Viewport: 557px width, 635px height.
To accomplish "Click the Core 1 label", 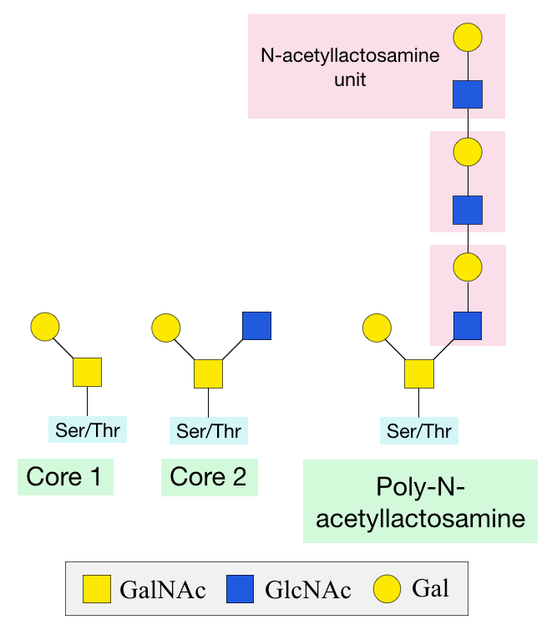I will [65, 477].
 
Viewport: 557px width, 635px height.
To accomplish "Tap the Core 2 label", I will [209, 477].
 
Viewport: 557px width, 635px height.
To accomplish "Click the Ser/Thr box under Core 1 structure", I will [87, 429].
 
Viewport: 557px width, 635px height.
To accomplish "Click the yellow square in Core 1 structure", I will [87, 373].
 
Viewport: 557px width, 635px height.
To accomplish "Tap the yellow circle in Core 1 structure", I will [44, 327].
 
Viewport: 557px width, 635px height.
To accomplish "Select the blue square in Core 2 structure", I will [256, 325].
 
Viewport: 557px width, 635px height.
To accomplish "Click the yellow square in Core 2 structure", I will [209, 373].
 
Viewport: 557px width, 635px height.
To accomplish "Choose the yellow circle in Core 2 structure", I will [166, 328].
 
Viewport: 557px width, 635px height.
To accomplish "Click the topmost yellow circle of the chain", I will [468, 38].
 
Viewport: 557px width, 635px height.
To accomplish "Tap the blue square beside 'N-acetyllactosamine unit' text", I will [468, 94].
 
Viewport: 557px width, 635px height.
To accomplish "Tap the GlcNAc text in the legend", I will [307, 590].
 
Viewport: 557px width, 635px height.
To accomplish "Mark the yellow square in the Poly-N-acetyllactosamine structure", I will [419, 373].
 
